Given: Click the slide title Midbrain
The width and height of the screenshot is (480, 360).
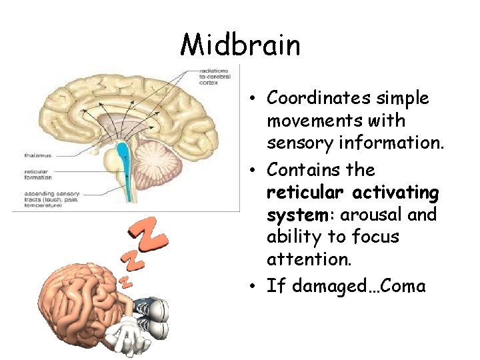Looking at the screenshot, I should [240, 45].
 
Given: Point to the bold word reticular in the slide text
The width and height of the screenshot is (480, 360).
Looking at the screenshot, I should [305, 193].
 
